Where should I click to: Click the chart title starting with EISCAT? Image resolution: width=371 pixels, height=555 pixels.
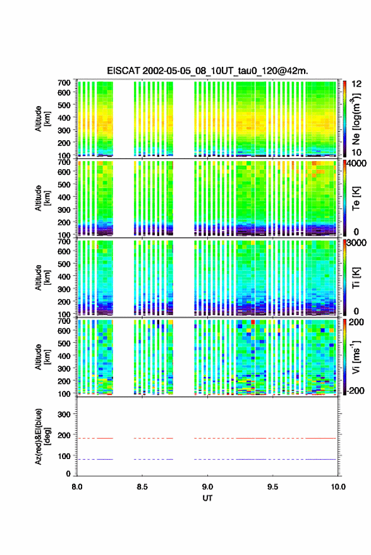click(208, 71)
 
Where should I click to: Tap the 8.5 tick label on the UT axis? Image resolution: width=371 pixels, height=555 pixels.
click(142, 487)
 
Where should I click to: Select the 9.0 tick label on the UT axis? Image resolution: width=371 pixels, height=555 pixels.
click(207, 487)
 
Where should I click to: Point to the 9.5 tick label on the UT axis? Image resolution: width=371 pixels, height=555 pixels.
click(272, 487)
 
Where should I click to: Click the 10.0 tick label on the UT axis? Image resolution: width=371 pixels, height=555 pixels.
click(338, 487)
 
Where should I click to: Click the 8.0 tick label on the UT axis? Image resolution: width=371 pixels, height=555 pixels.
click(77, 487)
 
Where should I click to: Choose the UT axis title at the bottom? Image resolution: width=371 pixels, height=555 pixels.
click(207, 498)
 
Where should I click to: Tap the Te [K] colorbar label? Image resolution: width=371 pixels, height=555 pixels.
click(356, 198)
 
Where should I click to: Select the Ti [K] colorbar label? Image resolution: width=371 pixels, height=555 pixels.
click(356, 278)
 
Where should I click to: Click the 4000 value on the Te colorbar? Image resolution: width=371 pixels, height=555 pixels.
click(356, 164)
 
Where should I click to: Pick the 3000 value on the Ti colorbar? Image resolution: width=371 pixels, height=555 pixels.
click(356, 243)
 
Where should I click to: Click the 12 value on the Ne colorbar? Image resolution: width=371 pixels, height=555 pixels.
click(356, 84)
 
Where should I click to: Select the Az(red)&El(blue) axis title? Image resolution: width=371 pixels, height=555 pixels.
click(42, 436)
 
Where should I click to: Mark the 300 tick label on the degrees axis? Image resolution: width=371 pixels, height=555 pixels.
click(64, 414)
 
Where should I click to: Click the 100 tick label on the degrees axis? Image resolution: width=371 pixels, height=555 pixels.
click(64, 457)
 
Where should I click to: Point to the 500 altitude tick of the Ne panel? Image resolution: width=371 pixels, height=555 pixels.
click(64, 105)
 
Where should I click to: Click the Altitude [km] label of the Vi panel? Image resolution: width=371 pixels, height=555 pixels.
click(42, 357)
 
